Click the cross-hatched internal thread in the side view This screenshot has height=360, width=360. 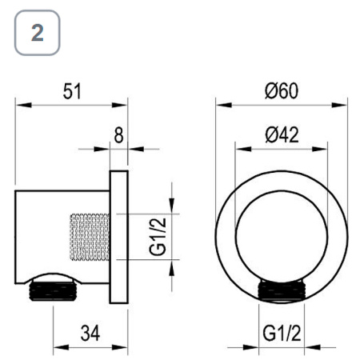coord(89,236)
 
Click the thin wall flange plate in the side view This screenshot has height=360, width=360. coord(119,236)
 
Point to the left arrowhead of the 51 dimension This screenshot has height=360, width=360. coord(21,104)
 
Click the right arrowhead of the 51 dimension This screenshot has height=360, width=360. coord(124,104)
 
